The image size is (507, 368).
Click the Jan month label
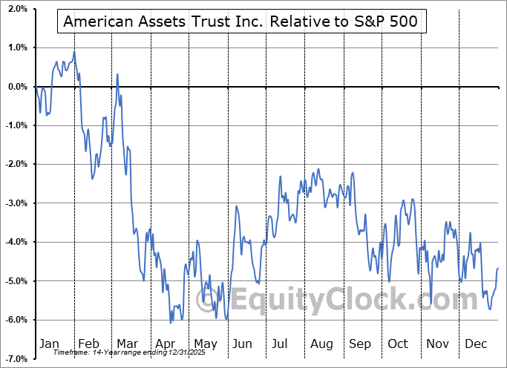(49, 344)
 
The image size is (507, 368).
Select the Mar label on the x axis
(127, 344)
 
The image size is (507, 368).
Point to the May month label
(206, 344)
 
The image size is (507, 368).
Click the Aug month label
(322, 344)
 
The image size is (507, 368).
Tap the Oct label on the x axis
(399, 344)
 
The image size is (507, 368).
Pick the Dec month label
(477, 344)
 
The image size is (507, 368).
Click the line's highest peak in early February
(74, 52)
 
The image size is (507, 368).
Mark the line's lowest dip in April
(171, 323)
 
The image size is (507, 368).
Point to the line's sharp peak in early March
(118, 73)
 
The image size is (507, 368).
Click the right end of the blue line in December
(498, 268)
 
